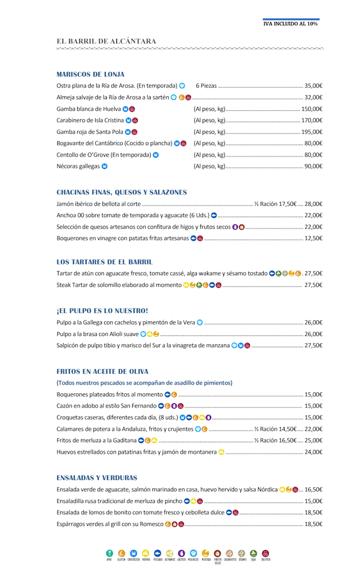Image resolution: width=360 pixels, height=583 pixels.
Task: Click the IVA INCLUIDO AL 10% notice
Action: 291,24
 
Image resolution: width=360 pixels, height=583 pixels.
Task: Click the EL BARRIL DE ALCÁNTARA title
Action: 106,41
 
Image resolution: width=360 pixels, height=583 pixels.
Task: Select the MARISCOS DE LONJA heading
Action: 91,74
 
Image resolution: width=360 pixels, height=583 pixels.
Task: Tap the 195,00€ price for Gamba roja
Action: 312,132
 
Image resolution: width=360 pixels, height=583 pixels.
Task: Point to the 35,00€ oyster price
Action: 313,86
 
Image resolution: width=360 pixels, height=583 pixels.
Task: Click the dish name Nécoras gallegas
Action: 78,166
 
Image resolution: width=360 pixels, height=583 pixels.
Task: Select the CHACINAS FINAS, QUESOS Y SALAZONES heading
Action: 121,192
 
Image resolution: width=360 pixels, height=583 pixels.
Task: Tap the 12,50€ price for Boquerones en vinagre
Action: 313,238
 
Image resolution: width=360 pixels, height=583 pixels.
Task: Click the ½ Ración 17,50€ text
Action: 275,204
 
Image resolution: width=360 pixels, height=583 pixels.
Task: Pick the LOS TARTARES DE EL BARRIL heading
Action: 105,262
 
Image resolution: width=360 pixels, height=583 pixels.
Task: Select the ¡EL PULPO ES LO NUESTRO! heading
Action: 102,311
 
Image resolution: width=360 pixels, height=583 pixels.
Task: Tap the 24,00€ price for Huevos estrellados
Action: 313,452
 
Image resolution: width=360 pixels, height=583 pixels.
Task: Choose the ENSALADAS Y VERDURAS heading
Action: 97,477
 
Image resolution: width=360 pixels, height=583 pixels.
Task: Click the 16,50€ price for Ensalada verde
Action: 313,490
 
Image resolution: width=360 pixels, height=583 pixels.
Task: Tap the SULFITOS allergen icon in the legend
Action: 265,554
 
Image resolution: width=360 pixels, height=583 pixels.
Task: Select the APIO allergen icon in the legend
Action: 110,554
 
